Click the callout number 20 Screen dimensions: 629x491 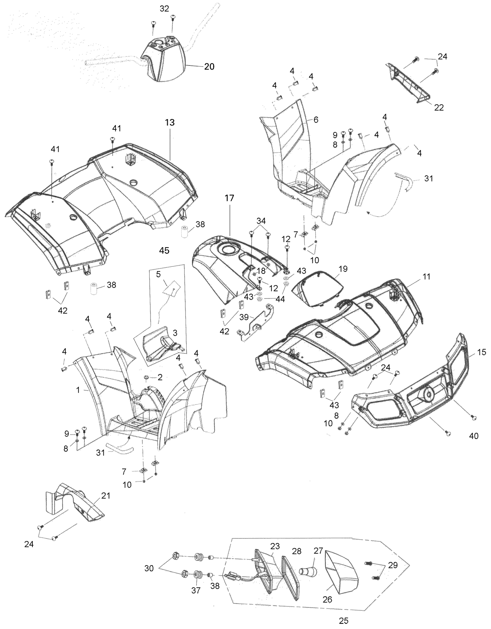coord(209,66)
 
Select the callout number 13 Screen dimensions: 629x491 coord(170,122)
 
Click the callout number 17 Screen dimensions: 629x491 coord(229,198)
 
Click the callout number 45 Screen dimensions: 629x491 coord(164,250)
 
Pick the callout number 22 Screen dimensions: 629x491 coord(439,107)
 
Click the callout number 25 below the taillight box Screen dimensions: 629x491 coord(344,620)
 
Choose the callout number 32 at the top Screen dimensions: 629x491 coord(164,9)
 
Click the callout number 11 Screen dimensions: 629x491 coord(427,277)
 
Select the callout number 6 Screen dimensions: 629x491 coord(316,120)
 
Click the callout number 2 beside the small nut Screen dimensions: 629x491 coord(160,377)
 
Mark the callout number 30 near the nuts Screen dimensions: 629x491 coord(149,568)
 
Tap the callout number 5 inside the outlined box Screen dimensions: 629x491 coord(158,274)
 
